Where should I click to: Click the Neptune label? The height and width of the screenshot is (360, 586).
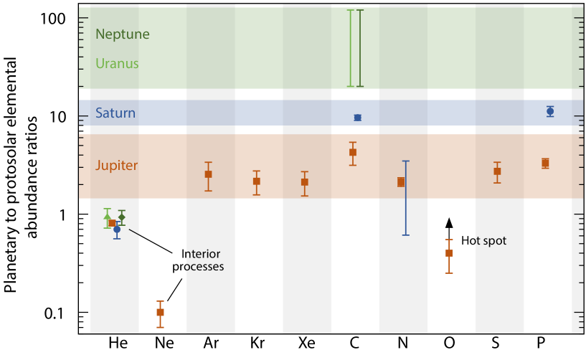tap(122, 34)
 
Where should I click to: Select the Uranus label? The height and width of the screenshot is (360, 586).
tap(116, 64)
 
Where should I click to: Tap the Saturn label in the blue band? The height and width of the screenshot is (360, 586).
tap(115, 113)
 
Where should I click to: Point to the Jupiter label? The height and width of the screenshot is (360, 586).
tap(116, 166)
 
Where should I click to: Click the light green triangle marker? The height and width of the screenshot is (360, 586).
tap(108, 216)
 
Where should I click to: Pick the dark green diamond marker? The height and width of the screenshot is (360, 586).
tap(122, 217)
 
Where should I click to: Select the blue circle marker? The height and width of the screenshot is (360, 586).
tap(117, 229)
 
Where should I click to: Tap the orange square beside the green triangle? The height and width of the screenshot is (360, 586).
tap(112, 224)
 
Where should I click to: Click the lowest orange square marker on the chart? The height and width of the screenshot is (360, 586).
tap(160, 313)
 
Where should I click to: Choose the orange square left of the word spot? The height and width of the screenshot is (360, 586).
tap(449, 253)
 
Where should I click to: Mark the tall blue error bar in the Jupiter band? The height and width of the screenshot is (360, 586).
tap(405, 198)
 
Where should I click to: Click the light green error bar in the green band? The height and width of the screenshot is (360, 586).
tap(350, 48)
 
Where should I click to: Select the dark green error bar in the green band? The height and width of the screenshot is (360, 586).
tap(360, 48)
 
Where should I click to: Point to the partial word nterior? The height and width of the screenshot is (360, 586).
tap(202, 254)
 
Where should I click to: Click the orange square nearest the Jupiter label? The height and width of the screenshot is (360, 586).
tap(208, 174)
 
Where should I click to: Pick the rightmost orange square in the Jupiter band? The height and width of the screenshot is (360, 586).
tap(497, 171)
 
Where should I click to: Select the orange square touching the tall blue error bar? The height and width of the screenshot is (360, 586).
tap(401, 182)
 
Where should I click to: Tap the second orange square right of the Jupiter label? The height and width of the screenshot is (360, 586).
tap(304, 182)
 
